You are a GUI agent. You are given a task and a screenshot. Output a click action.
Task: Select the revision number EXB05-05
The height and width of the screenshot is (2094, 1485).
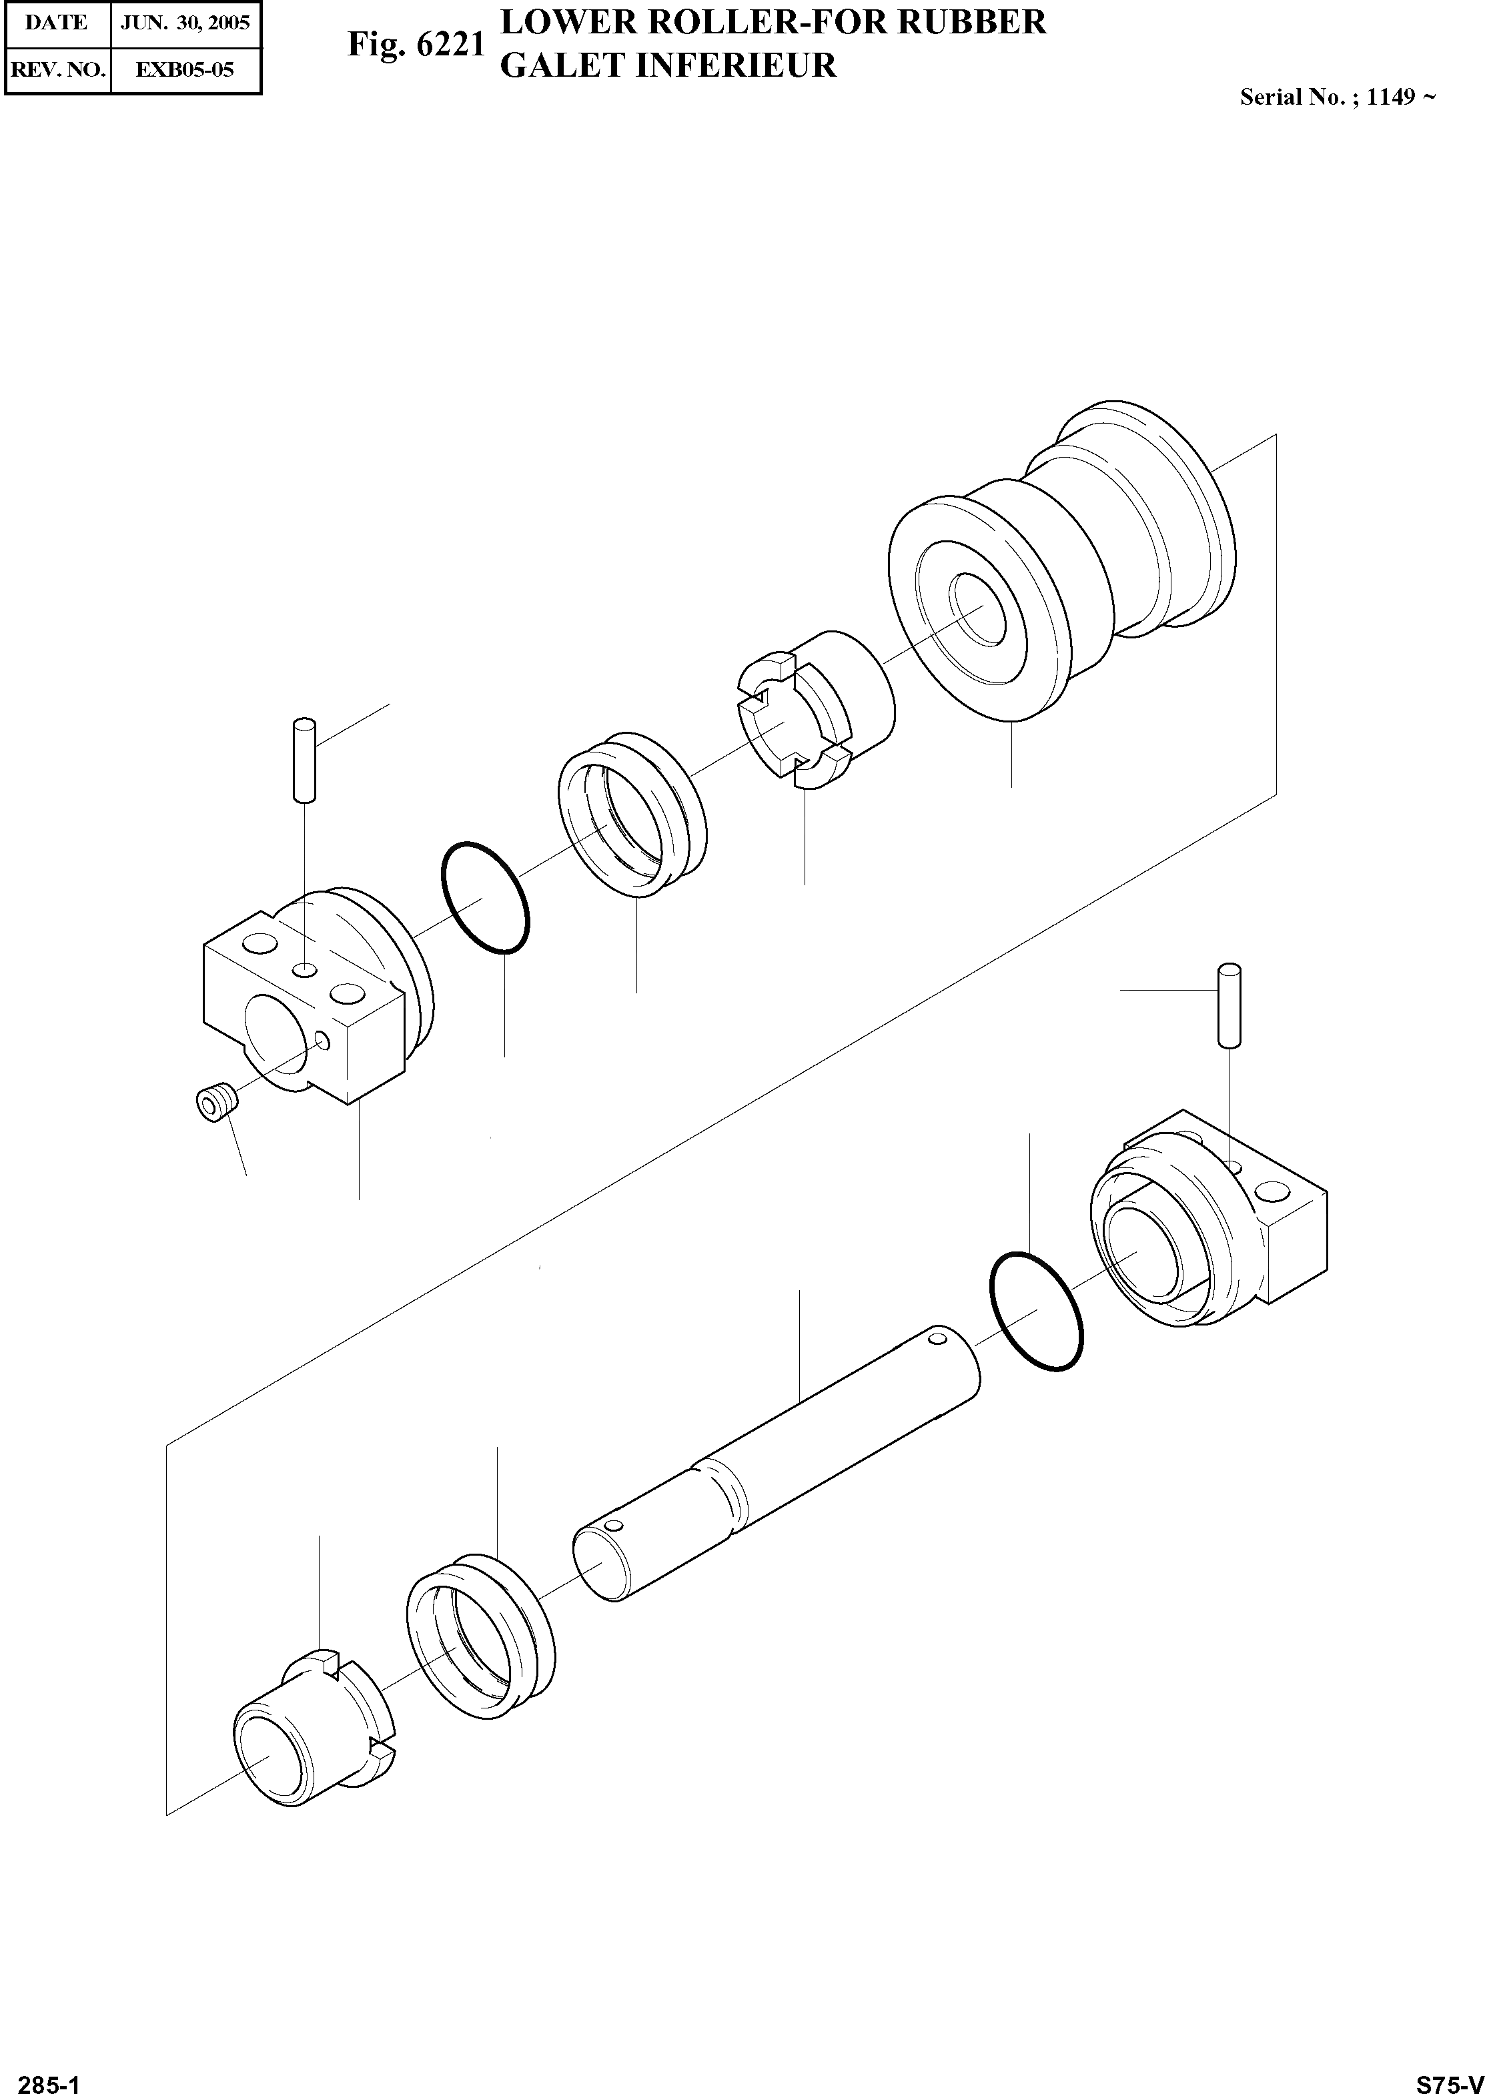(185, 69)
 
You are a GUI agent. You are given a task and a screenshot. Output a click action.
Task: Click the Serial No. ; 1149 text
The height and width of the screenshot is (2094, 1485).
(1336, 97)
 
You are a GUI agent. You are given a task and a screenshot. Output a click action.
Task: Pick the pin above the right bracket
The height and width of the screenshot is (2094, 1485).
(1230, 1004)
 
